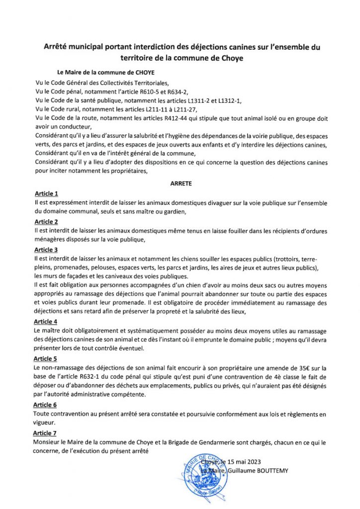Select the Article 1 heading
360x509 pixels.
point(46,193)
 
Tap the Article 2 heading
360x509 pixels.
point(46,222)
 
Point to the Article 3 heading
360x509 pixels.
point(46,250)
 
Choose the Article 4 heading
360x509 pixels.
point(46,322)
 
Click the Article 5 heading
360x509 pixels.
point(46,358)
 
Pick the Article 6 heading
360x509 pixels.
point(46,405)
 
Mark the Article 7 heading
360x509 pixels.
point(46,433)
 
